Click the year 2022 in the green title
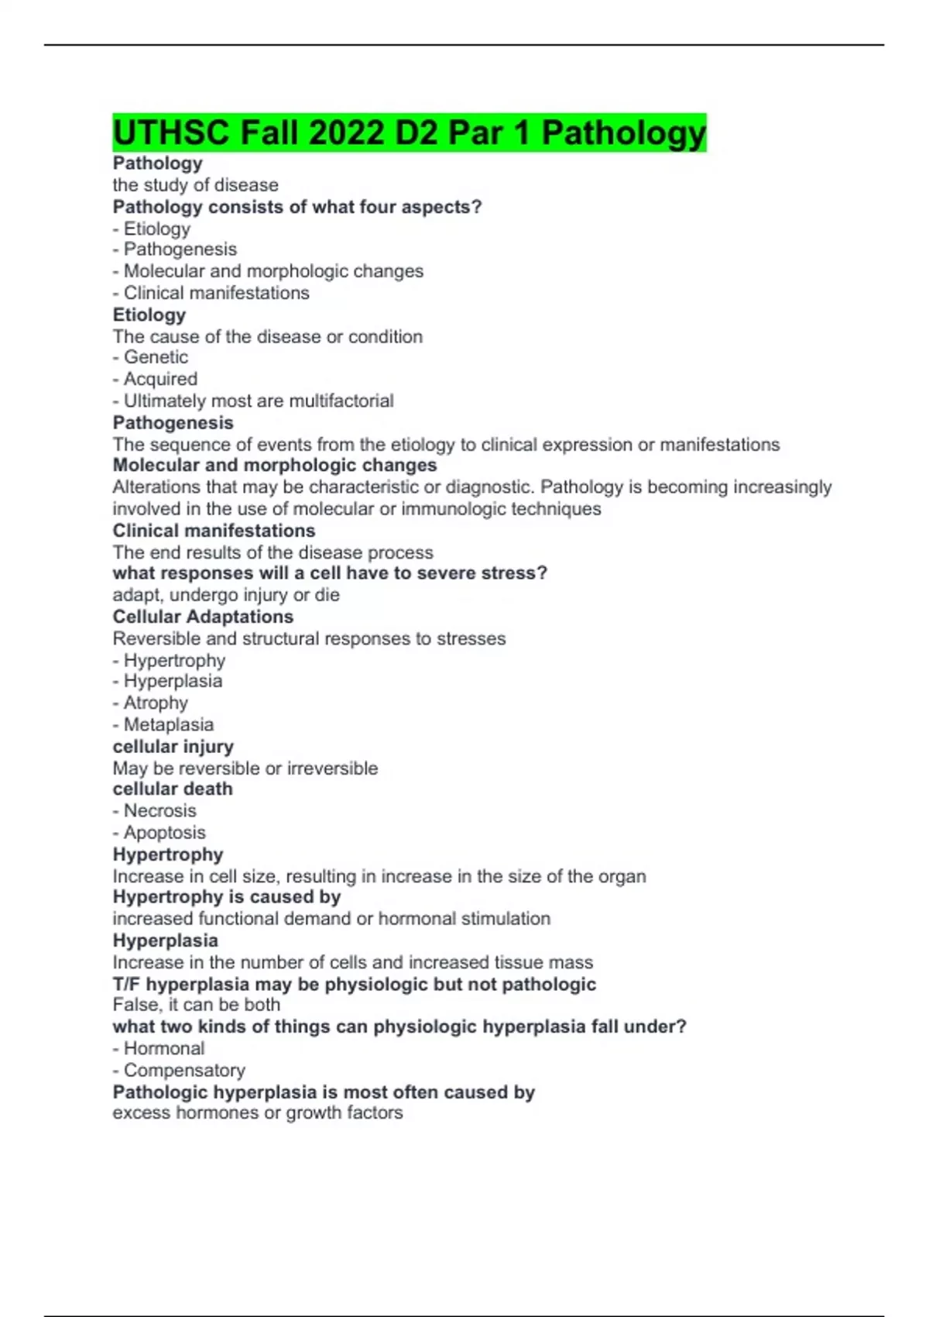(346, 132)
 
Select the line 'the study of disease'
(195, 185)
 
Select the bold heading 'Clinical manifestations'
(214, 531)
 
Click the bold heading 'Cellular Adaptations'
(203, 617)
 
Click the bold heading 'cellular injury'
(173, 746)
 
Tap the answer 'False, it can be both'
(196, 1005)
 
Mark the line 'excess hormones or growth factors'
(257, 1112)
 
